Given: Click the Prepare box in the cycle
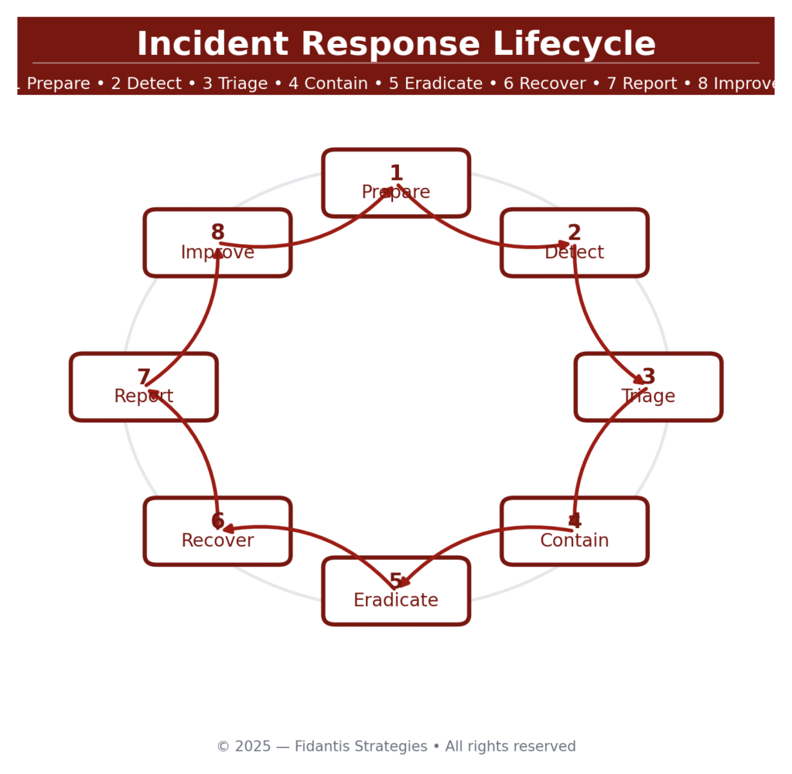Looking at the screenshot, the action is tap(396, 182).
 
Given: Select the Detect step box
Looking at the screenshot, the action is tap(575, 242).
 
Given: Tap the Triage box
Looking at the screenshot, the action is tap(649, 387).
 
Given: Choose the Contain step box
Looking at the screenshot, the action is tap(575, 531).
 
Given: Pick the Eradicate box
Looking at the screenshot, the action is tap(396, 591).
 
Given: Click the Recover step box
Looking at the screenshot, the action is tap(217, 531).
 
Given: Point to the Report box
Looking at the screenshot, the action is tap(144, 387).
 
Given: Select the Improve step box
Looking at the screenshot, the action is tap(217, 242).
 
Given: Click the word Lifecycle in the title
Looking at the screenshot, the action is tap(575, 43).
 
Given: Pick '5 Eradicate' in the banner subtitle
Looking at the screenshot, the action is tap(435, 84).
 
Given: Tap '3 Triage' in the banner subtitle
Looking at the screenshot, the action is tap(235, 84).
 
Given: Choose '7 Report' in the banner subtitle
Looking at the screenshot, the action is tap(642, 84).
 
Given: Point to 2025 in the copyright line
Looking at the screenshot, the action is tap(253, 746).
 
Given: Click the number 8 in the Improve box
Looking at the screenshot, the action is tap(217, 232).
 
